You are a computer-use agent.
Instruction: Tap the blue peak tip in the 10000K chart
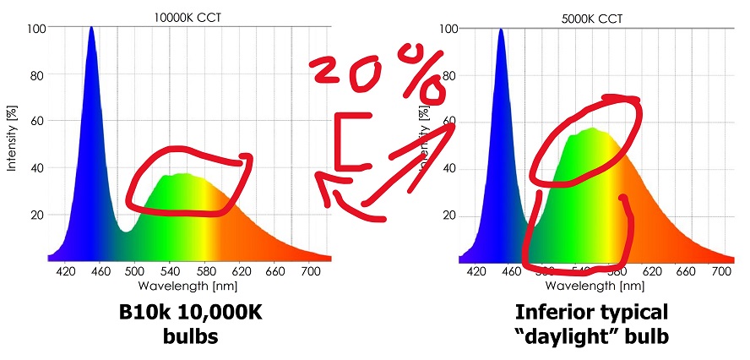pos(91,28)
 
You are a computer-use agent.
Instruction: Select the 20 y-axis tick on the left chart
pos(37,215)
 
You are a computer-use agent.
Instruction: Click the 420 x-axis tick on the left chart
pos(66,271)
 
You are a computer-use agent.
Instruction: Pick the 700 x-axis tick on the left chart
pos(312,271)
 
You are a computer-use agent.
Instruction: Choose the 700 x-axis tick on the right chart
pos(720,271)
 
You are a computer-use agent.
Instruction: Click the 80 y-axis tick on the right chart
pos(448,74)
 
